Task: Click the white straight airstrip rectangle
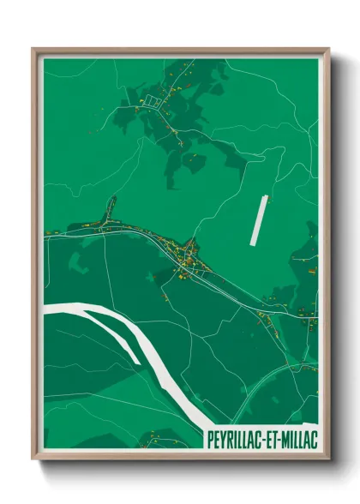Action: coord(259,220)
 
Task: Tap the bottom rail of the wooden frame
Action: coord(180,456)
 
